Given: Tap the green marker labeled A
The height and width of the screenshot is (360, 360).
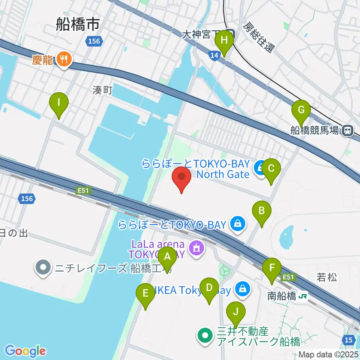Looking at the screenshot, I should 167,258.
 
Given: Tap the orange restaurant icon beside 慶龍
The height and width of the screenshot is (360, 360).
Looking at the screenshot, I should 64,59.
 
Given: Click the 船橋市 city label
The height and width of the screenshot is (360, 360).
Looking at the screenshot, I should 78,25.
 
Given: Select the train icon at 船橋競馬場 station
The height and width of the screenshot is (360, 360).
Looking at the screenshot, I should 348,130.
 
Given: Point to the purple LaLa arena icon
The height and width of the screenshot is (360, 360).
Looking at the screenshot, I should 196,248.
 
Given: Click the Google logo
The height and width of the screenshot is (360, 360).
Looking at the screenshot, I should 25,351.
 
